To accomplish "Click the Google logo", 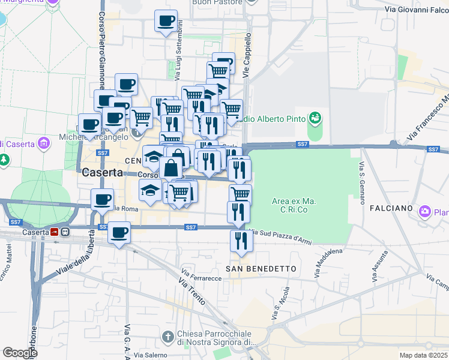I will pyautogui.click(x=20, y=353).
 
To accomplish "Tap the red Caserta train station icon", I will pyautogui.click(x=54, y=232).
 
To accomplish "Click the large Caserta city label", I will pyautogui.click(x=103, y=172).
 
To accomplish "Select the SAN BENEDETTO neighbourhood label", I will pyautogui.click(x=261, y=269).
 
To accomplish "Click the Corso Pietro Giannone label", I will pyautogui.click(x=101, y=50).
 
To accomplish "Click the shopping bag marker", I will pyautogui.click(x=171, y=167).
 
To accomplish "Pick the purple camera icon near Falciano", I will pyautogui.click(x=425, y=211).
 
